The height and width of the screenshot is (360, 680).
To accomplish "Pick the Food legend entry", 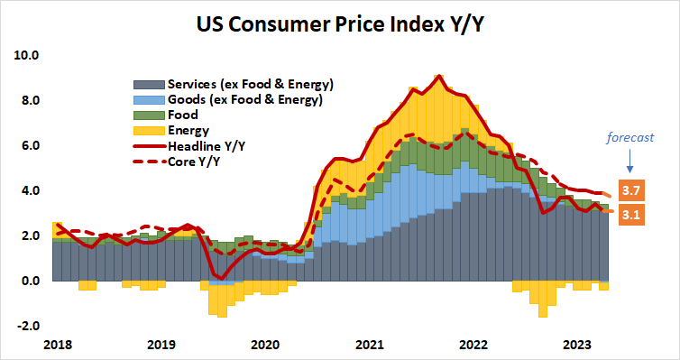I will pos(182,115).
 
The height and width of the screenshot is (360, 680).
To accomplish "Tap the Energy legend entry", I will pos(188,130).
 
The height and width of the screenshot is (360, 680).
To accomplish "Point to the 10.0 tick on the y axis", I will pos(27,55).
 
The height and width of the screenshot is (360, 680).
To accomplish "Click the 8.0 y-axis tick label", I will pos(30,100).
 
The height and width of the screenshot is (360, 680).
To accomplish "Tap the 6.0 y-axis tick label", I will pos(30,145).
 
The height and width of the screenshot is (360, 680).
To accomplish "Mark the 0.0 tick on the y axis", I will pos(30,281).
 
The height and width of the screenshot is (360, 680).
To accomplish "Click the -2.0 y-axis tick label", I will pos(28,326).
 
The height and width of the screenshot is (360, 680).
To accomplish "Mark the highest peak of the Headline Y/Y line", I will pos(438,76).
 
